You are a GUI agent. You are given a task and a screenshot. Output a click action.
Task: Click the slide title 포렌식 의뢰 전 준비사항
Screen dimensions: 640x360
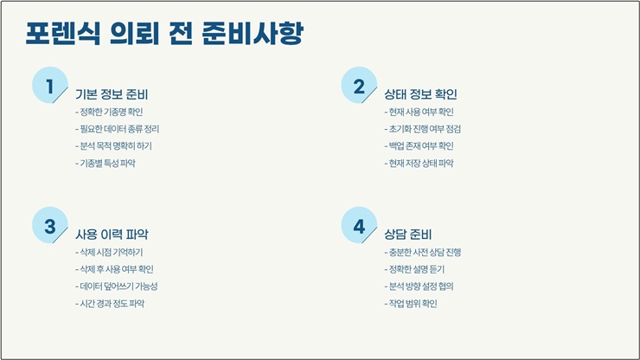click(164, 33)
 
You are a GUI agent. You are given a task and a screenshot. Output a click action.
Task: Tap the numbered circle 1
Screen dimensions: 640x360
click(50, 85)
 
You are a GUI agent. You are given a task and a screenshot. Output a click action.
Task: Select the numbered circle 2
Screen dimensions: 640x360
click(359, 85)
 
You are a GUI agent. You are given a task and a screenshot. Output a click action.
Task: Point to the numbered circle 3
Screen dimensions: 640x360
click(50, 225)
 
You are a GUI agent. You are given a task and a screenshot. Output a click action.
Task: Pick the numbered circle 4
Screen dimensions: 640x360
click(359, 225)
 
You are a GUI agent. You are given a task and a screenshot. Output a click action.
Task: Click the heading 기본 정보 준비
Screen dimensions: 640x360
click(112, 94)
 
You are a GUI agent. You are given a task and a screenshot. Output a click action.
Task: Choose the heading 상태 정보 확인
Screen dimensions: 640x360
click(420, 94)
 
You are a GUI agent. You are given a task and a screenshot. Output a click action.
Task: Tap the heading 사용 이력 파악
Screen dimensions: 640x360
click(112, 235)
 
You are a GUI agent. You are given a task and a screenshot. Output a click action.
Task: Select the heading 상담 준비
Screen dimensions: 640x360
click(407, 235)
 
